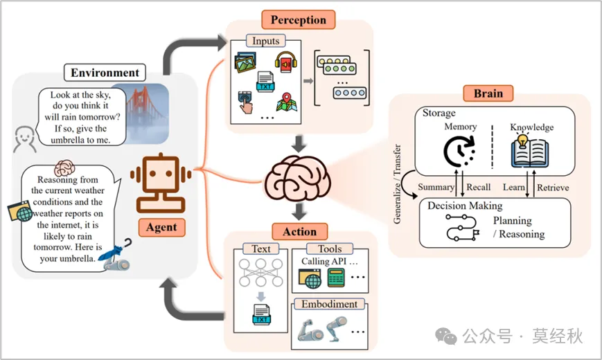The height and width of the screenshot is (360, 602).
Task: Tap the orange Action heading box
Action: [299, 231]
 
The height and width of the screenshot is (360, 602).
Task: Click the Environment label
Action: [105, 72]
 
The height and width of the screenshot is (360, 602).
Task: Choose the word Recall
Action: [478, 187]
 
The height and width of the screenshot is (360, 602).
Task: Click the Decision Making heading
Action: [464, 206]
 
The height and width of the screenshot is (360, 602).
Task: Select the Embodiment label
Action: [329, 304]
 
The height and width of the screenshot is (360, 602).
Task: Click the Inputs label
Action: [265, 41]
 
